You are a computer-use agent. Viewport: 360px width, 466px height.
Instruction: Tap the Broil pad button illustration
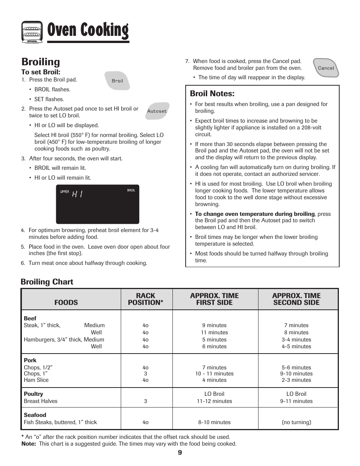117,81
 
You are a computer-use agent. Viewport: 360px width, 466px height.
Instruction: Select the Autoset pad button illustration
157,111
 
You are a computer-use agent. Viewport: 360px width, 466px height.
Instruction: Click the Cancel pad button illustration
326,68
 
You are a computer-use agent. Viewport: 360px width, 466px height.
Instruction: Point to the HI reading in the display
77,194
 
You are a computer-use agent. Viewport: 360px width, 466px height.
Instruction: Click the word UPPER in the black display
65,192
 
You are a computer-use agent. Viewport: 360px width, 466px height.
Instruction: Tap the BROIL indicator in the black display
131,190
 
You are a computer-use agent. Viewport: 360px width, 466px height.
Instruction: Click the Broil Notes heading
212,94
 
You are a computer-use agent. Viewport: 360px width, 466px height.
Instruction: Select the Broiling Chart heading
47,282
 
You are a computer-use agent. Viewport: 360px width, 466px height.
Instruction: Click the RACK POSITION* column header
146,299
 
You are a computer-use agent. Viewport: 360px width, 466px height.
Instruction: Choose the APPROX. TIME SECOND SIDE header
296,299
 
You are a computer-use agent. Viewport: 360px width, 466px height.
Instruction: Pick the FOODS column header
66,302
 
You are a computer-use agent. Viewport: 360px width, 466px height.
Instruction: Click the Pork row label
30,360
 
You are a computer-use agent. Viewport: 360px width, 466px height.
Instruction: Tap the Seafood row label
35,415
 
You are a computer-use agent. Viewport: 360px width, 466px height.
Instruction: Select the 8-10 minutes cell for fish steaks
214,422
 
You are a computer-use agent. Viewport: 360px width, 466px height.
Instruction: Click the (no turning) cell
296,422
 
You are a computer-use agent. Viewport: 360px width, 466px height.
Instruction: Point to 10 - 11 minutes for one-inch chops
214,374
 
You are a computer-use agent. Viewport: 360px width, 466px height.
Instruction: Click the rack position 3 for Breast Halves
146,401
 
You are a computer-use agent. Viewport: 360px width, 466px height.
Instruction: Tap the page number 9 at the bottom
180,453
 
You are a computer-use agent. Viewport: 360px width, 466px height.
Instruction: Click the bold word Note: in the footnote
29,444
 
